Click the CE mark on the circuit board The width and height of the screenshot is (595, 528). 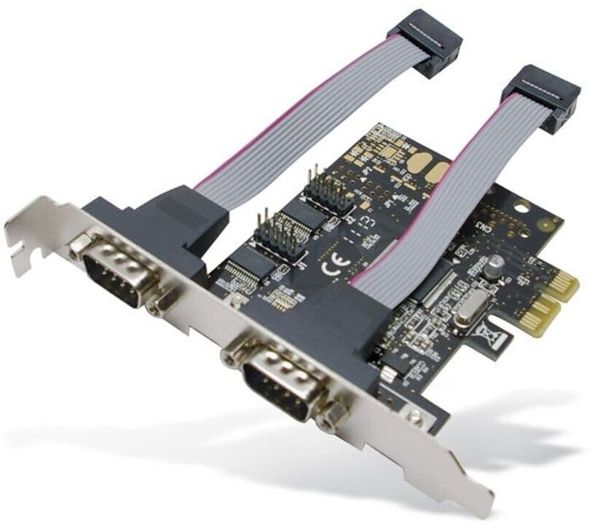pyautogui.click(x=329, y=267)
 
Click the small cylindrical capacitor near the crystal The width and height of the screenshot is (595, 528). pyautogui.click(x=496, y=265)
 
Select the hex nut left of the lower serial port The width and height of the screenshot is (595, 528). pyautogui.click(x=231, y=355)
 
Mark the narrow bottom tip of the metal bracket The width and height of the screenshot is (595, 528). pyautogui.click(x=477, y=503)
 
